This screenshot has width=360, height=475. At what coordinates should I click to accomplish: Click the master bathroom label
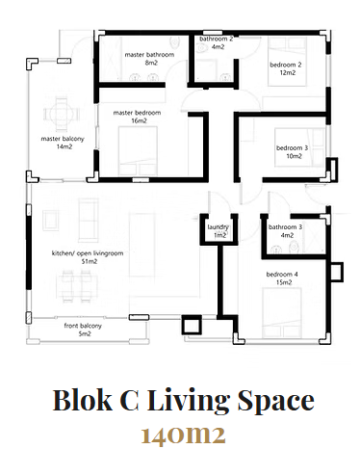tap(149, 55)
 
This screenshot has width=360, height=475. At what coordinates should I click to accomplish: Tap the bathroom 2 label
tap(216, 39)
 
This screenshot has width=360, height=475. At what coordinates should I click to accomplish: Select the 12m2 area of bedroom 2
tap(288, 72)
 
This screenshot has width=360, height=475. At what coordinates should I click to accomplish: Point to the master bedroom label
tap(137, 113)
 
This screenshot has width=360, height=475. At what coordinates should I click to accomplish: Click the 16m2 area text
tap(139, 120)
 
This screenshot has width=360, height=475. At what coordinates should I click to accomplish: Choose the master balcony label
tap(63, 139)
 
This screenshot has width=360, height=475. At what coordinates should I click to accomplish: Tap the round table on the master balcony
tap(62, 114)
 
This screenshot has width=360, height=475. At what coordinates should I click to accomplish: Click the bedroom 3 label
tap(292, 148)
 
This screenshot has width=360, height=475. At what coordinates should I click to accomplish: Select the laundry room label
tap(218, 227)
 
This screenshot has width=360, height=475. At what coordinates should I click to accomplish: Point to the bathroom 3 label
tap(285, 227)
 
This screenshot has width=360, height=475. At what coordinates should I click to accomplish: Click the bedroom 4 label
tap(282, 275)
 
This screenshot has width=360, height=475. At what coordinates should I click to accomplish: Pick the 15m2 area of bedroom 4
tap(284, 282)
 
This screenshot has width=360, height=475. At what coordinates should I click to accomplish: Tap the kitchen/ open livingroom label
tap(88, 253)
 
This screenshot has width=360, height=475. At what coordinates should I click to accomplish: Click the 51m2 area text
tap(90, 261)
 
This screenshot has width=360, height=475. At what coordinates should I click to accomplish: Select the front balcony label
tap(83, 326)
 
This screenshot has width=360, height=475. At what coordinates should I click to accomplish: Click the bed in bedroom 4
tap(282, 313)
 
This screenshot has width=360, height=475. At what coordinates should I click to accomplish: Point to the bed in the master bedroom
tap(138, 151)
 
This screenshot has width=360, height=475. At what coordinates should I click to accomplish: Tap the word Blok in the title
tap(83, 400)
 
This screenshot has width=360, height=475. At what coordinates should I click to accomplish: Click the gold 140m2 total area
tap(183, 435)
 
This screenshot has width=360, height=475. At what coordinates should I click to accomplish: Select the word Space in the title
tap(275, 402)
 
